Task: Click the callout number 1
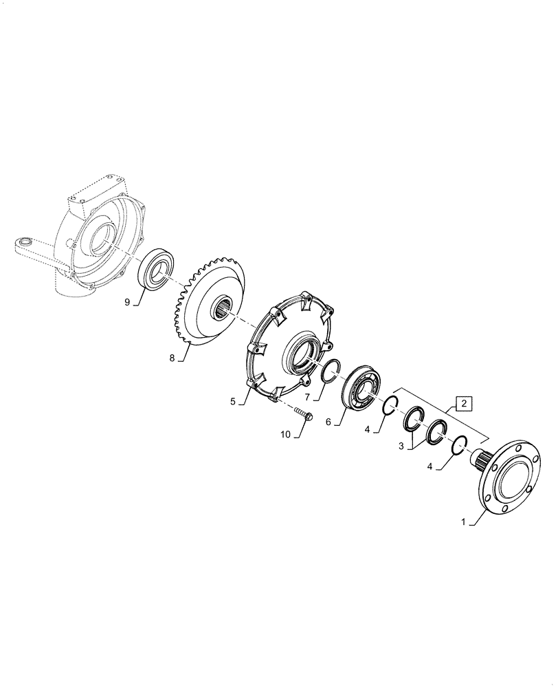click(x=464, y=523)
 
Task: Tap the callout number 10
click(x=285, y=434)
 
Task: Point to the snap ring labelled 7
click(x=333, y=372)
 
